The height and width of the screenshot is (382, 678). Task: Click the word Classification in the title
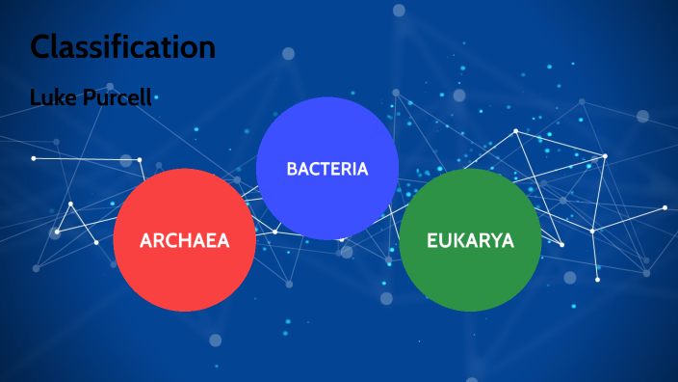coord(122,46)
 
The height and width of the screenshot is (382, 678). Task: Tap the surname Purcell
coord(117,97)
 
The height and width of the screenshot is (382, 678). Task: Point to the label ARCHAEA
coord(184,240)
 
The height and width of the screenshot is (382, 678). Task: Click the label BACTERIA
coord(327,169)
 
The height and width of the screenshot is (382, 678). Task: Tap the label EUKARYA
coord(470,240)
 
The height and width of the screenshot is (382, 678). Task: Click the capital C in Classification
coord(41,46)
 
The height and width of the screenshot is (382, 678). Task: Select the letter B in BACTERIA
coord(292,169)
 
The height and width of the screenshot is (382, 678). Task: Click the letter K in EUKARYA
coord(458,240)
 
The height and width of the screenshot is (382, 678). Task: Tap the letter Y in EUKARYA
coord(495,240)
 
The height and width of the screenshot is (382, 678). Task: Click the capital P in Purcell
coord(86,97)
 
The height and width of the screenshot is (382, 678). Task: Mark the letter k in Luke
coord(60,97)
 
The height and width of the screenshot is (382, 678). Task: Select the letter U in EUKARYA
coord(445,240)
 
